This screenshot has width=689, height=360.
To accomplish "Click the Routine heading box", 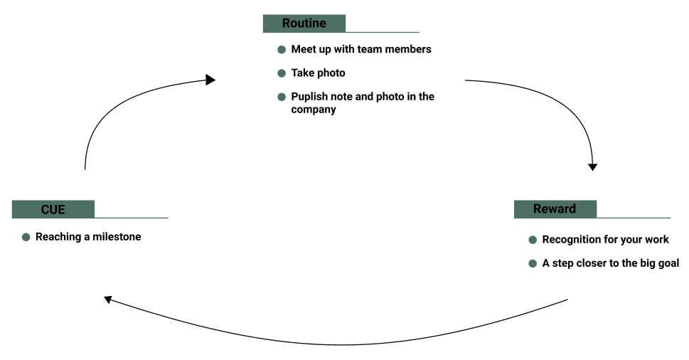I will [x=304, y=23].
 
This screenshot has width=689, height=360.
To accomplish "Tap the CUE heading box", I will [x=53, y=209].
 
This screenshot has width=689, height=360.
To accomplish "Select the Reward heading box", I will [x=555, y=209].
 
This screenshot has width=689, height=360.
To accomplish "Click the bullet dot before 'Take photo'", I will [x=282, y=73].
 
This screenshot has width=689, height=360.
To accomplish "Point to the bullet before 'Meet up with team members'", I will [x=282, y=50].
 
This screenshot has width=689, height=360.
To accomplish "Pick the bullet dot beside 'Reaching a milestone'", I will [x=26, y=237].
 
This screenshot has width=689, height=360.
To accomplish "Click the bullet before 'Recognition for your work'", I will [x=533, y=240].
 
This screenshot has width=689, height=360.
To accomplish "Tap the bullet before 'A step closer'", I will [x=533, y=263].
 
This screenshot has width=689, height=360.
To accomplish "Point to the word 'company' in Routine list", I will [x=314, y=110].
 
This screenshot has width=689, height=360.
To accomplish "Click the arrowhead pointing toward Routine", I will [x=210, y=80].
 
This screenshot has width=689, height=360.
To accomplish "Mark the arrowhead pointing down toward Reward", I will [x=592, y=167].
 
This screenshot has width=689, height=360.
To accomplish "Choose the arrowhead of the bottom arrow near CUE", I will [x=108, y=299].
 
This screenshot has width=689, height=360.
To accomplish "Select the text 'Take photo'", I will [x=318, y=73].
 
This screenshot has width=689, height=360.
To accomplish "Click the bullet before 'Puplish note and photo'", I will [x=282, y=97].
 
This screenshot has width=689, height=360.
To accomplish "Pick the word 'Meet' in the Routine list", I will [x=304, y=50].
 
